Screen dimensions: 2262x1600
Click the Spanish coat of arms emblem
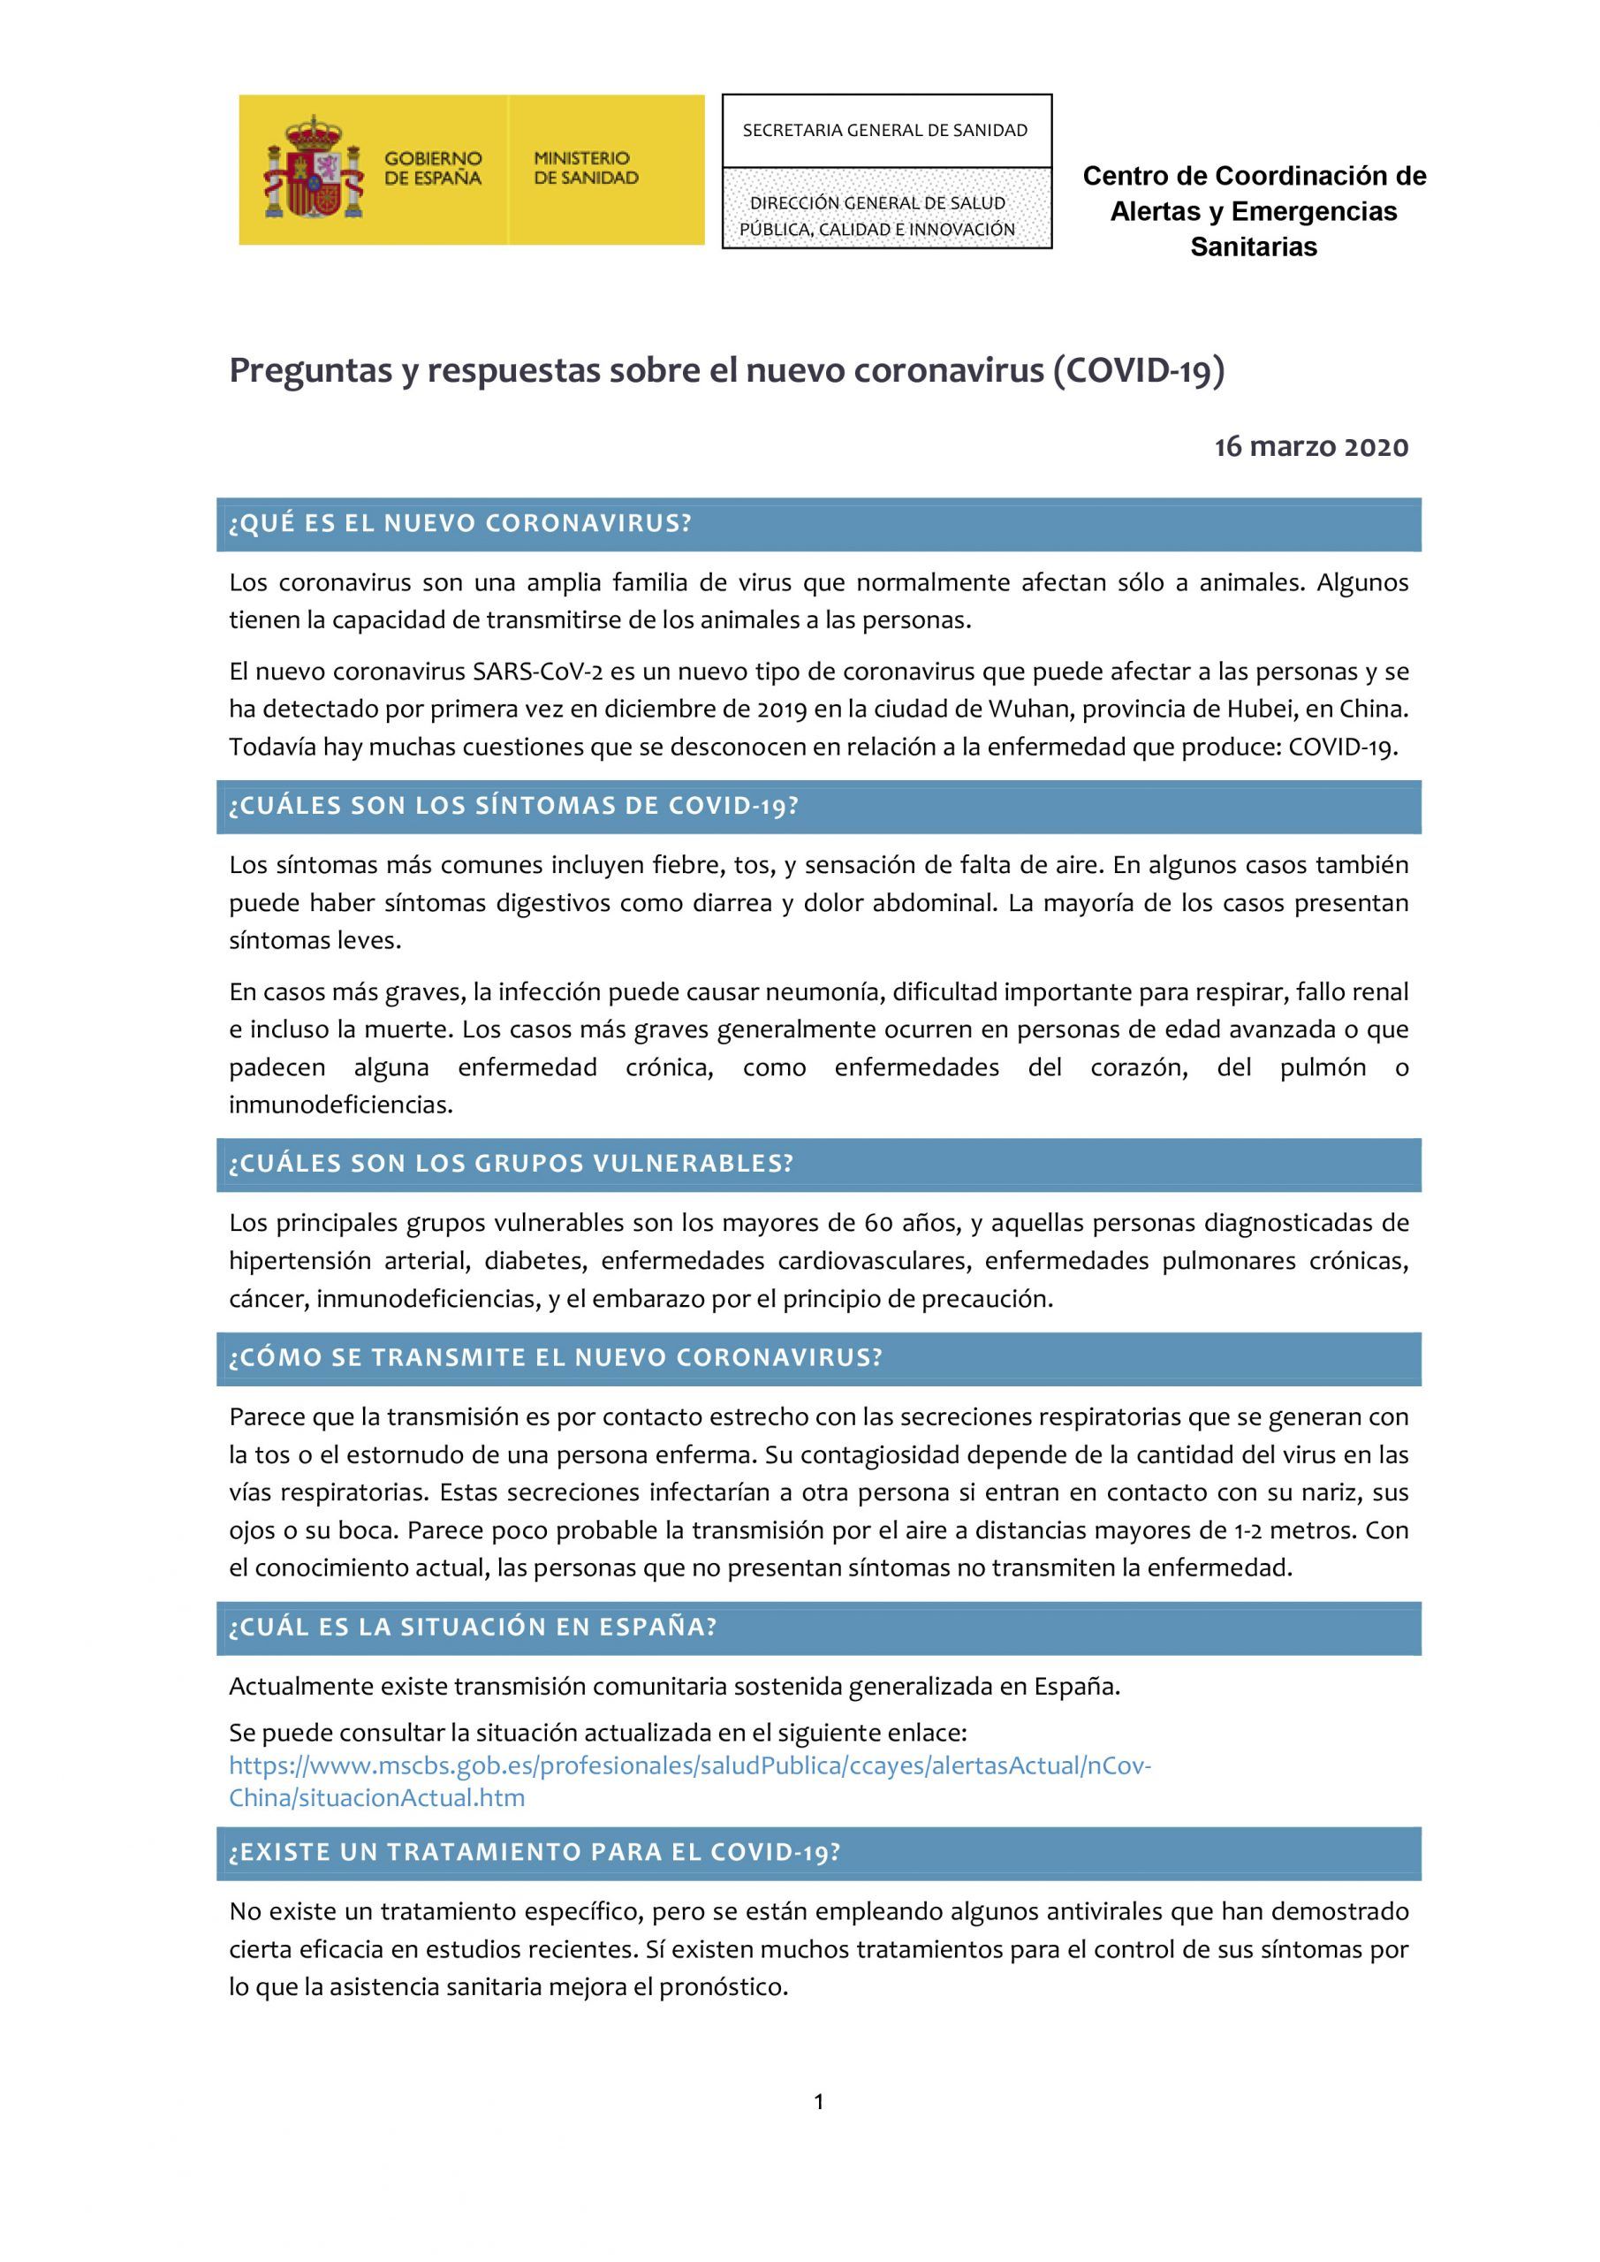click(315, 169)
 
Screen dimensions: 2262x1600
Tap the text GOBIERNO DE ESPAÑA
click(433, 169)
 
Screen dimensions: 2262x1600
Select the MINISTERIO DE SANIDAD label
click(585, 169)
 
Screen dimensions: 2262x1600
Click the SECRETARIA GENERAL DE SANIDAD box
click(886, 130)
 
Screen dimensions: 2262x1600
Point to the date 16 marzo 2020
click(1310, 447)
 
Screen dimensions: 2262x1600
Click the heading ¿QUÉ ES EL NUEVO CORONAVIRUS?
click(460, 523)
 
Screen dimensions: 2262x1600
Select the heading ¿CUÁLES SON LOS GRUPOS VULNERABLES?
click(511, 1164)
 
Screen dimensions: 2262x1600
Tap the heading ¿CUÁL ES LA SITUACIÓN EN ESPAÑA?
click(473, 1627)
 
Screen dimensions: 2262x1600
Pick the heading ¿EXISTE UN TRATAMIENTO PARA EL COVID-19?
click(534, 1851)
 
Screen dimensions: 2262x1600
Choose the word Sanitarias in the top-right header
click(1253, 247)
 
